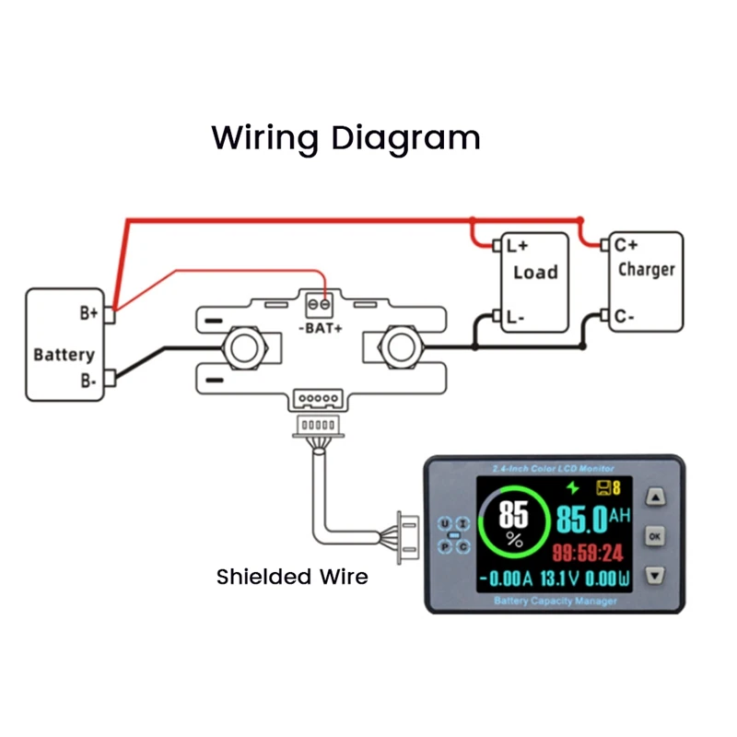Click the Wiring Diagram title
pyautogui.click(x=345, y=138)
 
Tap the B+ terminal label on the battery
pyautogui.click(x=88, y=313)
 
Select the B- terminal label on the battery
pyautogui.click(x=88, y=378)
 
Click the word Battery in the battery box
pyautogui.click(x=64, y=355)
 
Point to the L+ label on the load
pyautogui.click(x=517, y=247)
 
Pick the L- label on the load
pyautogui.click(x=515, y=318)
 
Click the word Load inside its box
pyautogui.click(x=535, y=272)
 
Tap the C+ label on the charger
pyautogui.click(x=626, y=245)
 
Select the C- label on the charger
pyautogui.click(x=624, y=318)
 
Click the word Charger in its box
pyautogui.click(x=646, y=270)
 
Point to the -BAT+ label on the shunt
pyautogui.click(x=322, y=328)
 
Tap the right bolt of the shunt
pyautogui.click(x=401, y=346)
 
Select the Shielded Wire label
pyautogui.click(x=292, y=578)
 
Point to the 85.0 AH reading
pyautogui.click(x=592, y=519)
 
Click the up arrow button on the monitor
pyautogui.click(x=654, y=498)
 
